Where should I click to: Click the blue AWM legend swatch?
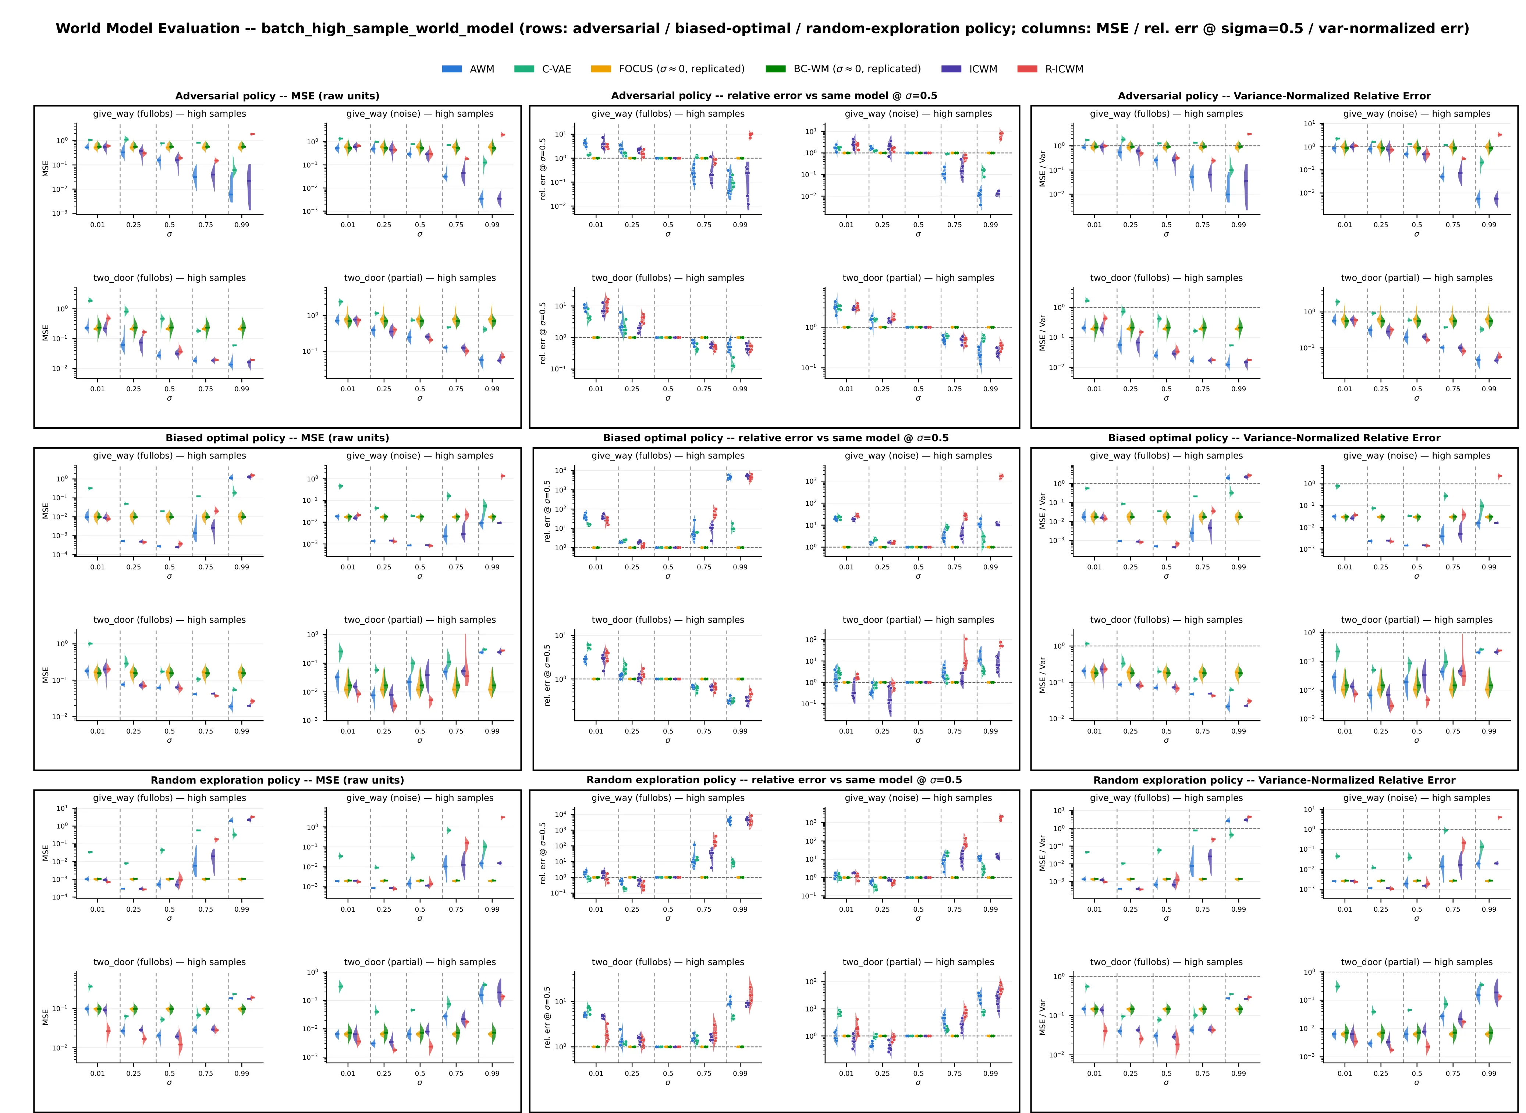[x=452, y=69]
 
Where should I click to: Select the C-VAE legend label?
[x=556, y=69]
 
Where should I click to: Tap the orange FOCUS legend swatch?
[x=601, y=69]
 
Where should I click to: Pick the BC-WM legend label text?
[x=856, y=69]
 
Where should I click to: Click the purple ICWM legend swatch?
[x=952, y=69]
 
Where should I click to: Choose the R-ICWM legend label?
[x=1064, y=69]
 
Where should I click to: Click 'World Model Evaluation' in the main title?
[x=148, y=29]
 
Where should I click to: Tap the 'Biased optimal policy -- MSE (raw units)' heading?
[x=277, y=438]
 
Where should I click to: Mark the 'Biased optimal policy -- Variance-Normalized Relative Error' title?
[x=1274, y=438]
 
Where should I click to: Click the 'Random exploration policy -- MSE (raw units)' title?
[x=277, y=780]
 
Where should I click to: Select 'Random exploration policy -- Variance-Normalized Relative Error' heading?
[x=1274, y=780]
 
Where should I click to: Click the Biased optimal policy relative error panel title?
[x=776, y=438]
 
